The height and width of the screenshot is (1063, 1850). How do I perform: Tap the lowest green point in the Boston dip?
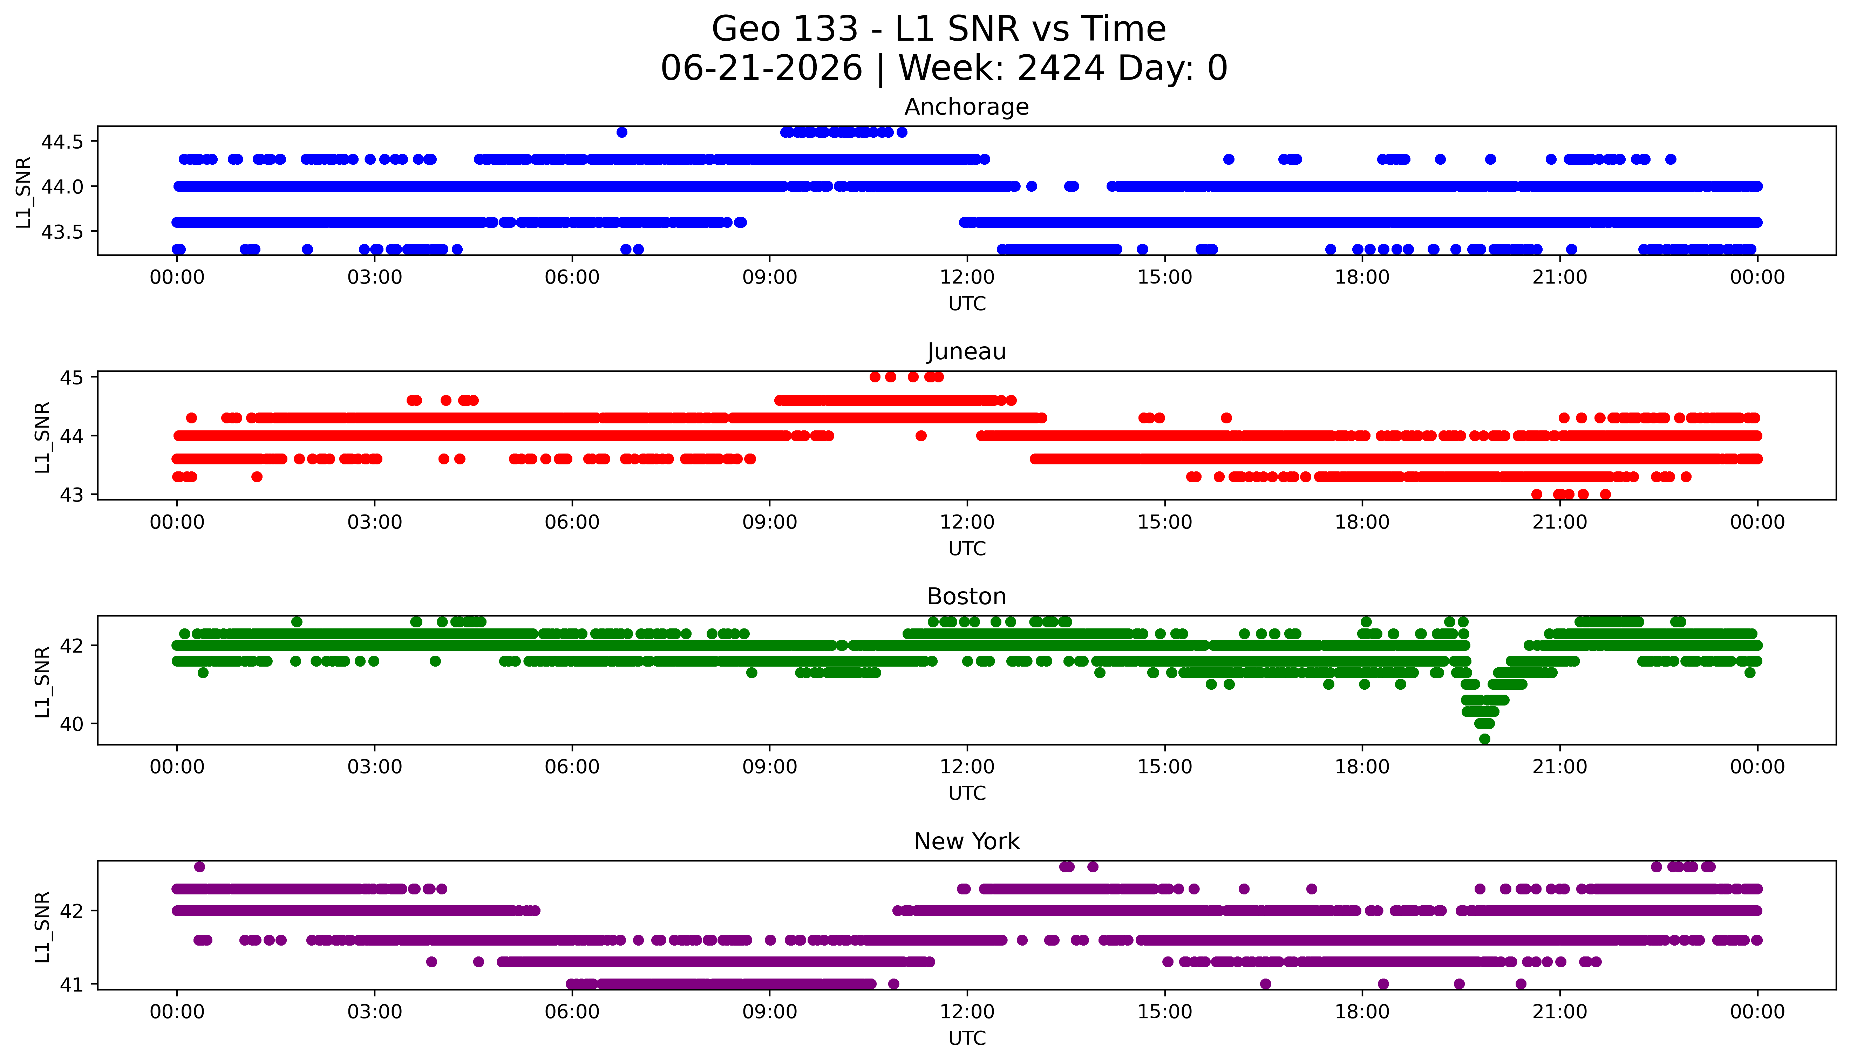pos(1484,739)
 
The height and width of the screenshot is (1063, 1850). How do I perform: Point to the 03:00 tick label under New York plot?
pos(375,1012)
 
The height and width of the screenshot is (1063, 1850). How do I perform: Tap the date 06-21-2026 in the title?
pos(761,69)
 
